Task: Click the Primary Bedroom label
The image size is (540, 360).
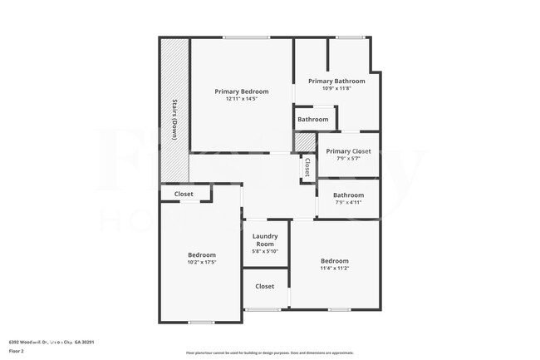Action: (x=242, y=91)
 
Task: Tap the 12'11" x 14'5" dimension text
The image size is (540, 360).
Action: (x=242, y=99)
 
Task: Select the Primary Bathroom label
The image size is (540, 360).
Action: (x=336, y=81)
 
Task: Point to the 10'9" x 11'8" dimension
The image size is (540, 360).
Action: (x=336, y=88)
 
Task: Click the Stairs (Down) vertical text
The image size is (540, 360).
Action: (x=174, y=120)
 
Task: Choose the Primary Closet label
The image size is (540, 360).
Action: (x=348, y=151)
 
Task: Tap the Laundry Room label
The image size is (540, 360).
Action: (x=265, y=240)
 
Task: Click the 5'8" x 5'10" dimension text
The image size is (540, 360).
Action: (x=265, y=251)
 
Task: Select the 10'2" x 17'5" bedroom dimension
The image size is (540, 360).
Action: (x=202, y=262)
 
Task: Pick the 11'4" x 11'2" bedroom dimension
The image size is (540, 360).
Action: (x=335, y=268)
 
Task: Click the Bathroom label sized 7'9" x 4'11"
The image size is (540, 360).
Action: (x=349, y=195)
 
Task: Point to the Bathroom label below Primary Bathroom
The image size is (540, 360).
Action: (x=313, y=120)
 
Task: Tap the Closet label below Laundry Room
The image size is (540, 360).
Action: (x=265, y=286)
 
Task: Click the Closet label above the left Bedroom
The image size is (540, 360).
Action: (x=184, y=194)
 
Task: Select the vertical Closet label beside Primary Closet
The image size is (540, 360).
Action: (x=307, y=167)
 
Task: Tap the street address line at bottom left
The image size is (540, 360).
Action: (x=52, y=342)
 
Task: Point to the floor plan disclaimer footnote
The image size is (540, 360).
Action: (x=269, y=353)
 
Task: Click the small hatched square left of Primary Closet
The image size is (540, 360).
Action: (x=306, y=141)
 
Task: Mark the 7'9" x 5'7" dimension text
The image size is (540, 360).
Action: (x=348, y=158)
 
